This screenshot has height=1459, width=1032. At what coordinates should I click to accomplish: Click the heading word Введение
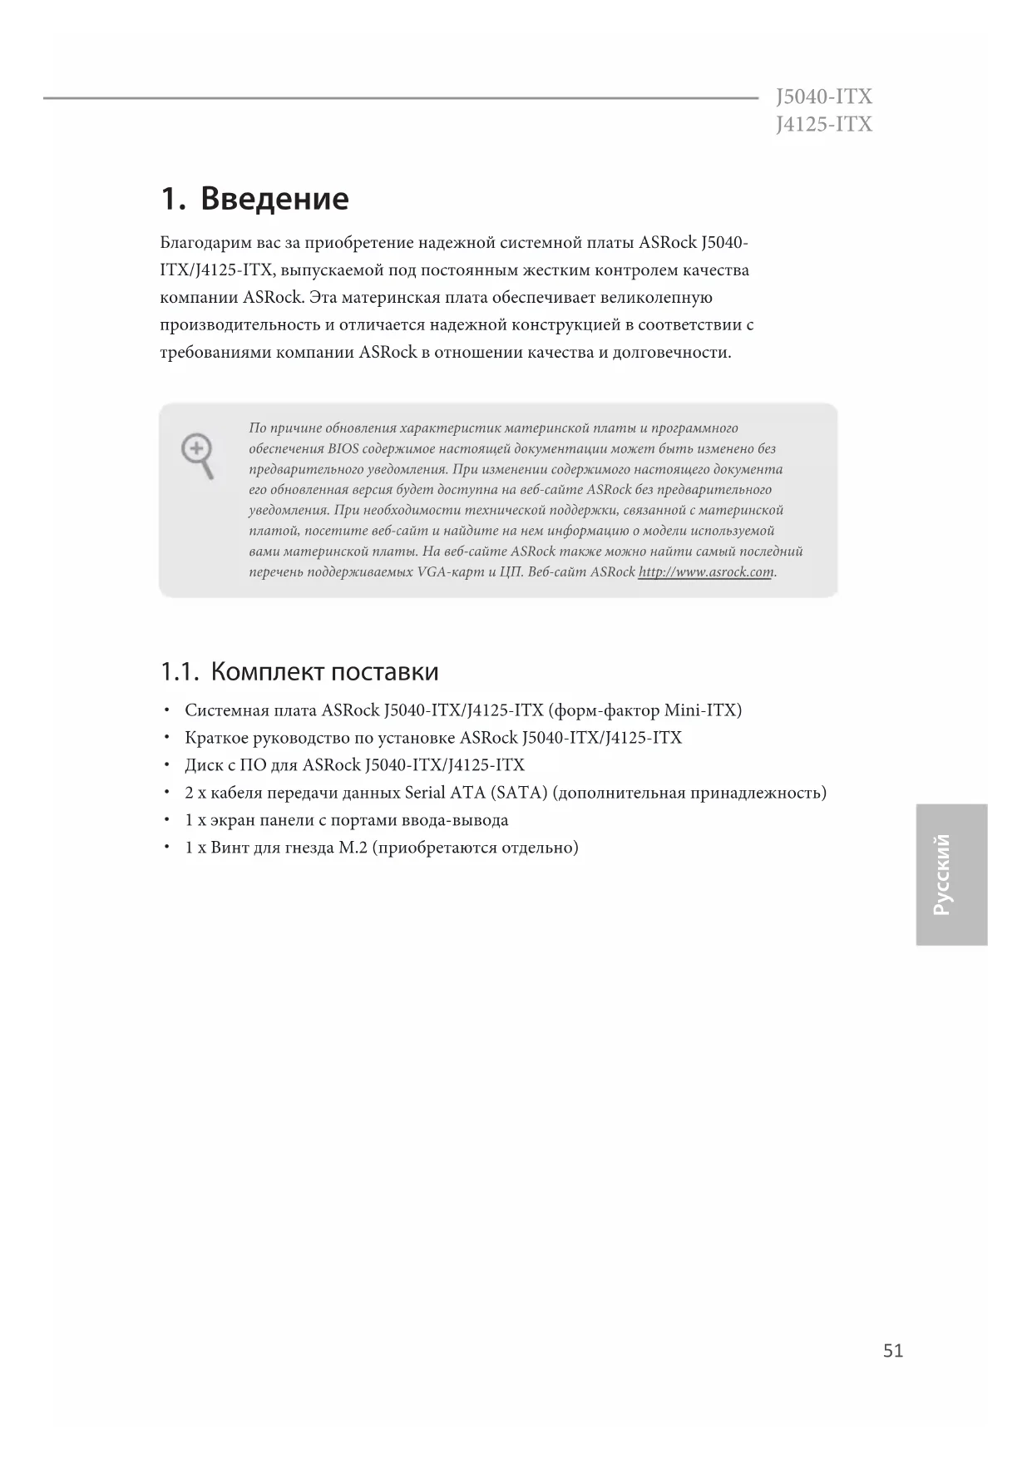[x=274, y=199]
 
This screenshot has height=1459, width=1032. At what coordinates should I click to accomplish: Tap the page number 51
[x=892, y=1351]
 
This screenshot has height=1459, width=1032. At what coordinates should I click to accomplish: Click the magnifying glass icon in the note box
[x=198, y=455]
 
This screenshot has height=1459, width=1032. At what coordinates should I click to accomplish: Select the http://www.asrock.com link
[x=706, y=572]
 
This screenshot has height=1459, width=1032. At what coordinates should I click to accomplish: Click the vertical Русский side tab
[x=951, y=874]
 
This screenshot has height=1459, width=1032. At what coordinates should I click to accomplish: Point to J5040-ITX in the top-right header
[x=823, y=97]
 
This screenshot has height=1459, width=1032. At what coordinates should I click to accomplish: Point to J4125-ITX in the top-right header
[x=823, y=125]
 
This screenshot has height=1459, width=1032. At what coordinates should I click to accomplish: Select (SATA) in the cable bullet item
[x=519, y=793]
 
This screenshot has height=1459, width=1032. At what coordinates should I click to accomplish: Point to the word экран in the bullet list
[x=233, y=820]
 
